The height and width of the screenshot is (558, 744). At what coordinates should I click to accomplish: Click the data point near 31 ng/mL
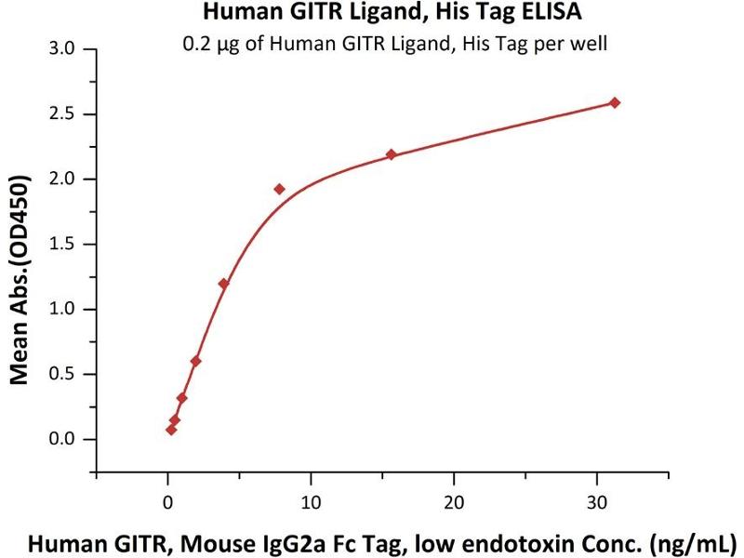(614, 102)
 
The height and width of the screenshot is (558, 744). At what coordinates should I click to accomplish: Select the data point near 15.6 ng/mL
(392, 154)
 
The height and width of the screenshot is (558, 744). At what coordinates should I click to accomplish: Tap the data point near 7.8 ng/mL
(279, 189)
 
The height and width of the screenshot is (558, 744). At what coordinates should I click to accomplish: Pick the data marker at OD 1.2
(223, 284)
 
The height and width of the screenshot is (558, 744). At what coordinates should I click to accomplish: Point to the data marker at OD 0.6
(195, 361)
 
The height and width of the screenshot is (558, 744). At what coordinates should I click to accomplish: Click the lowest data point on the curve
(171, 429)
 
